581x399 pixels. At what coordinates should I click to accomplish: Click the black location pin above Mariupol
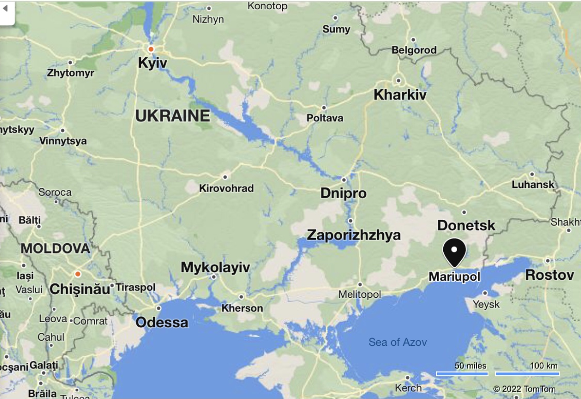tap(454, 252)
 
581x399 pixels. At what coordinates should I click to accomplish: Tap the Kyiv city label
tap(153, 63)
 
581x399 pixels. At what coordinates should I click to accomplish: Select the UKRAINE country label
tap(172, 116)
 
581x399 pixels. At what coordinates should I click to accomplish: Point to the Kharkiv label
tap(400, 95)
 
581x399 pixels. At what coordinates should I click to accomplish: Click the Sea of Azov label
tap(397, 342)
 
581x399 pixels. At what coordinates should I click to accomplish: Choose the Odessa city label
tap(162, 323)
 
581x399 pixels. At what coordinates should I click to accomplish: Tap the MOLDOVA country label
tap(55, 248)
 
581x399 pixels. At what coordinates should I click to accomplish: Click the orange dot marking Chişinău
tap(77, 274)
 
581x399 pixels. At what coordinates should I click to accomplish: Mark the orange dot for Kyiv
tap(151, 49)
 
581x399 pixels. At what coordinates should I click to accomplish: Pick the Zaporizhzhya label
tap(353, 235)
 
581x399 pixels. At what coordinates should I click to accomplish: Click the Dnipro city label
tap(343, 194)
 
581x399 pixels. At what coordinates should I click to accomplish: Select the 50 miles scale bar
tap(462, 373)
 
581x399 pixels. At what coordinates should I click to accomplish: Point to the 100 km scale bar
tap(527, 373)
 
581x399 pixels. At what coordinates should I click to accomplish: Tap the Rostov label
tap(549, 275)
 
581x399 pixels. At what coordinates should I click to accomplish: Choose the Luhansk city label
tap(533, 184)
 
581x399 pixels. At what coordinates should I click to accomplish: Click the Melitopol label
tap(360, 294)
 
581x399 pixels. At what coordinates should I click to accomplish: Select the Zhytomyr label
tap(71, 73)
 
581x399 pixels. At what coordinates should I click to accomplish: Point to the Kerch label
tap(408, 388)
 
